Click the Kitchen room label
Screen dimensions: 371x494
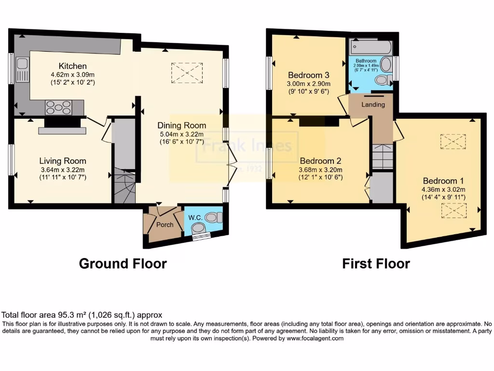(72, 66)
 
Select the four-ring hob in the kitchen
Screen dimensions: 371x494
(58, 107)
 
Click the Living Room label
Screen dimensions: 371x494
(63, 161)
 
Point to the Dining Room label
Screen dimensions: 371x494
(183, 125)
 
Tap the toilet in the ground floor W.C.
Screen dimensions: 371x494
(212, 218)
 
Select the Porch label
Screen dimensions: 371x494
(164, 225)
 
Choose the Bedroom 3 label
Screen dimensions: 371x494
(309, 75)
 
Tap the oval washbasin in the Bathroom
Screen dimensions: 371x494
(386, 64)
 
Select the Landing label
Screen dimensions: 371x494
(374, 104)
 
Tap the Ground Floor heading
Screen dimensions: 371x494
(123, 264)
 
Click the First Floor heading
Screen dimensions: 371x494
(376, 264)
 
